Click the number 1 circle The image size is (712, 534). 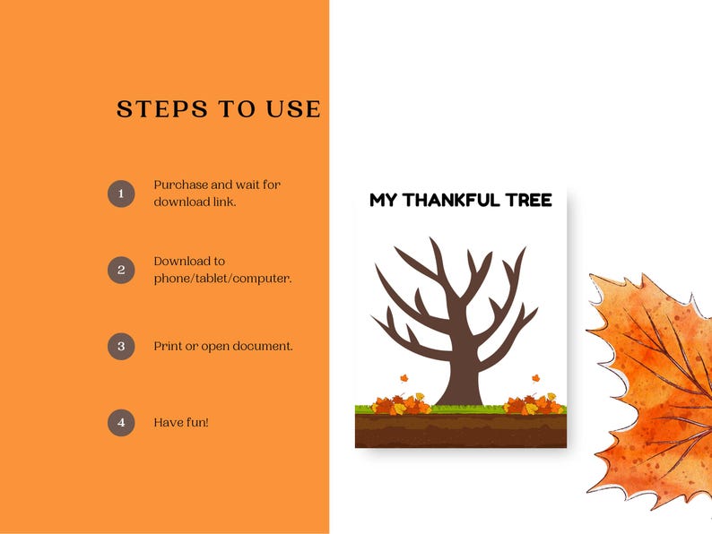coord(121,193)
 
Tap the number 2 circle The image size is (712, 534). coord(121,269)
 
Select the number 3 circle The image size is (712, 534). coord(121,345)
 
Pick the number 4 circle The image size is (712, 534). coord(121,421)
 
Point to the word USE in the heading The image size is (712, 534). coord(292,109)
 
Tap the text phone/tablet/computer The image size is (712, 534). coord(222,278)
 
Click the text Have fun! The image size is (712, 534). coord(181,421)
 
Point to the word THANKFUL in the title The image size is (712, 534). coord(460,200)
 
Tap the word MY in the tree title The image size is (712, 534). coord(383,200)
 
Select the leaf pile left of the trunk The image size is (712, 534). coord(400,405)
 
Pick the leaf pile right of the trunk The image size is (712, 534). coord(533,404)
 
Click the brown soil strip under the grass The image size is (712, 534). coord(460,431)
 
